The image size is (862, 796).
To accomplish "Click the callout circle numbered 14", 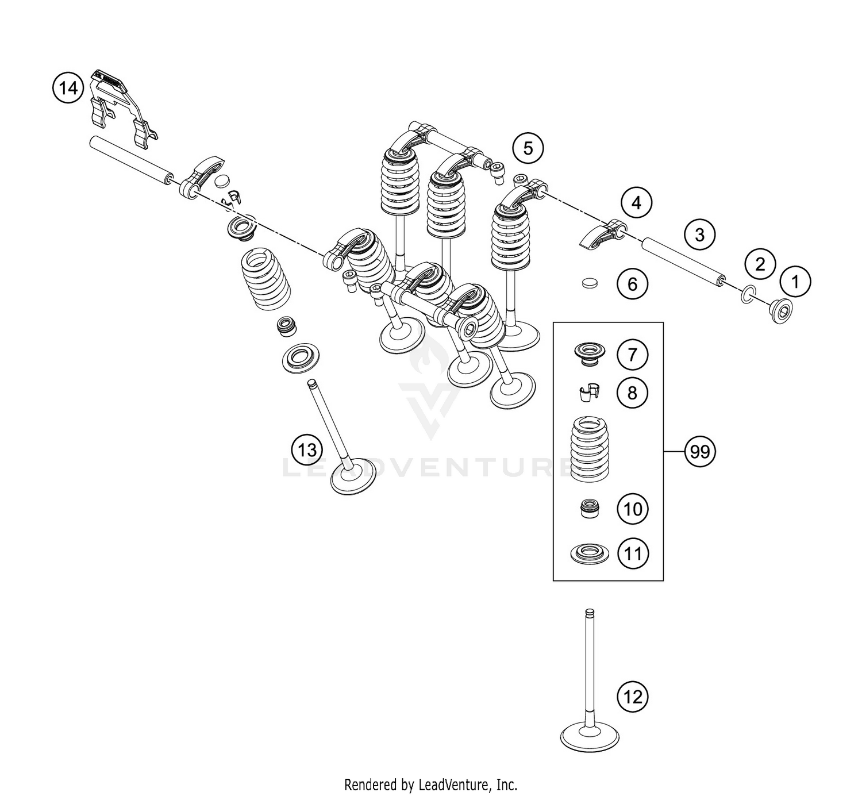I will point(68,89).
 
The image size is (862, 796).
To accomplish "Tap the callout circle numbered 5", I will point(528,148).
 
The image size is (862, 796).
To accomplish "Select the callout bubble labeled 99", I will point(700,452).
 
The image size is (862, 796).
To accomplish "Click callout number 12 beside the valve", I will point(632,697).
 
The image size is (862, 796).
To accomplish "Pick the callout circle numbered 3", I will point(699,234).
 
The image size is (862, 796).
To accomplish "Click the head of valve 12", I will point(590,736).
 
